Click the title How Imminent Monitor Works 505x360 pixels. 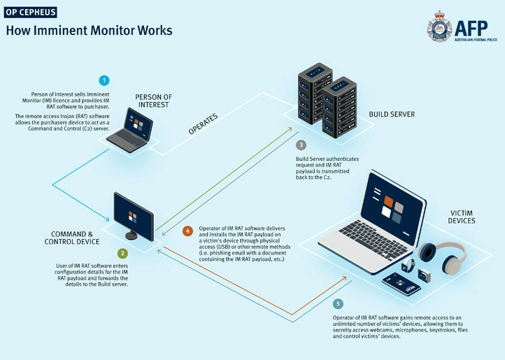pos(89,31)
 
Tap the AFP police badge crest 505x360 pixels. pos(440,29)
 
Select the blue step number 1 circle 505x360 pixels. pos(104,80)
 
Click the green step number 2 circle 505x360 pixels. pos(122,254)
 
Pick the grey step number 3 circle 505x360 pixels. pos(301,145)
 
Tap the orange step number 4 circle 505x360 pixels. pos(187,231)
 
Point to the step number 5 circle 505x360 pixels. pos(339,304)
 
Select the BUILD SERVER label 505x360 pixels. pos(392,114)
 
